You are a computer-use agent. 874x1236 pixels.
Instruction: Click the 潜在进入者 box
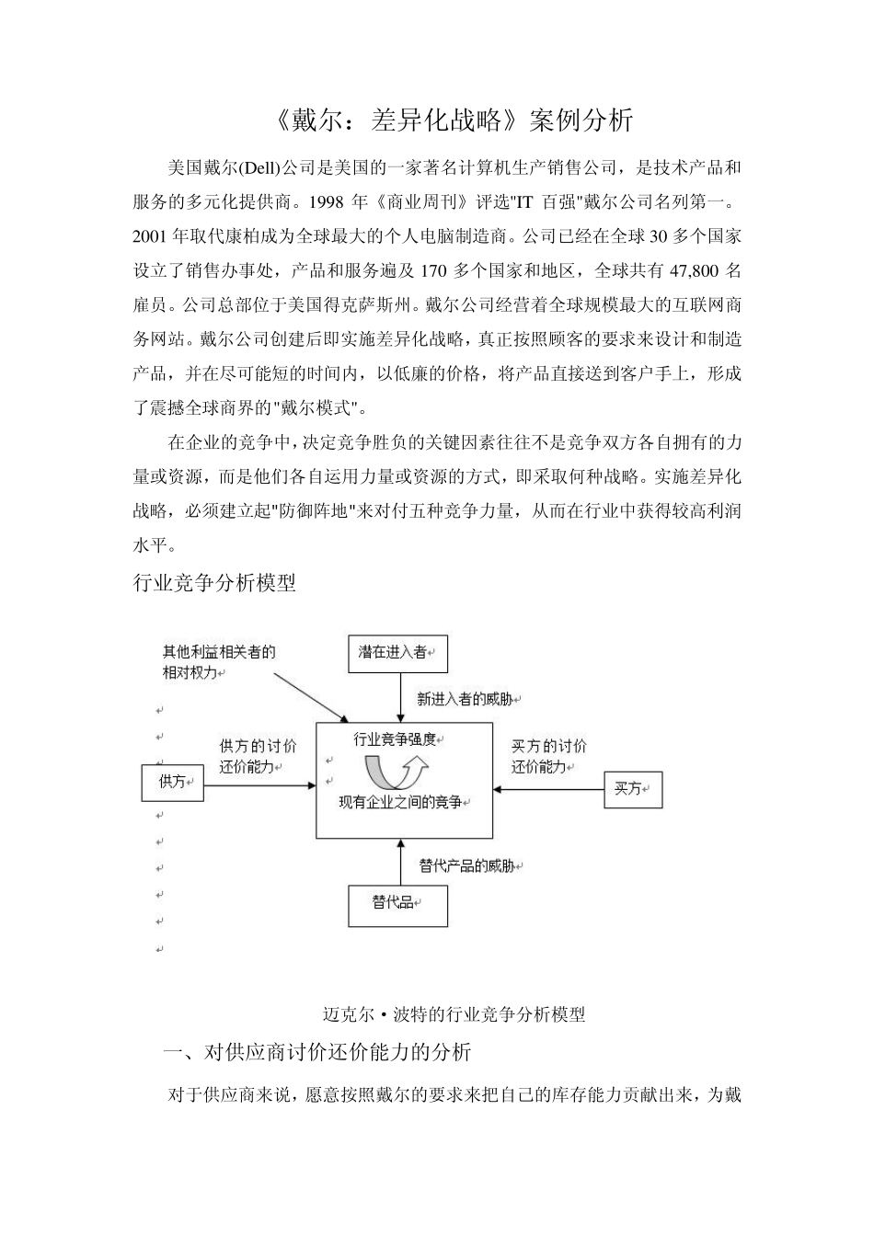tap(397, 653)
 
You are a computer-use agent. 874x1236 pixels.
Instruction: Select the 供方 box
tap(172, 782)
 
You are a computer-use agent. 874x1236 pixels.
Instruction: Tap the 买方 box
tap(633, 788)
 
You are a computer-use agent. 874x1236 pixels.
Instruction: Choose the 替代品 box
tap(397, 905)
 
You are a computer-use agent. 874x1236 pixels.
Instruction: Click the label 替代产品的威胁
tap(468, 865)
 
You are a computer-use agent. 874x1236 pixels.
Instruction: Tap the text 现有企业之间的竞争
tap(401, 803)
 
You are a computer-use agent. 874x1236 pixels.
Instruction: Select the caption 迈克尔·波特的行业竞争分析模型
tap(454, 1014)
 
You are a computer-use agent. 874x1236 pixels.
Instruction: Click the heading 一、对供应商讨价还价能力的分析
tap(317, 1052)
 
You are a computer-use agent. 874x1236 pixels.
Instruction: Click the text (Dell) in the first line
tap(261, 168)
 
